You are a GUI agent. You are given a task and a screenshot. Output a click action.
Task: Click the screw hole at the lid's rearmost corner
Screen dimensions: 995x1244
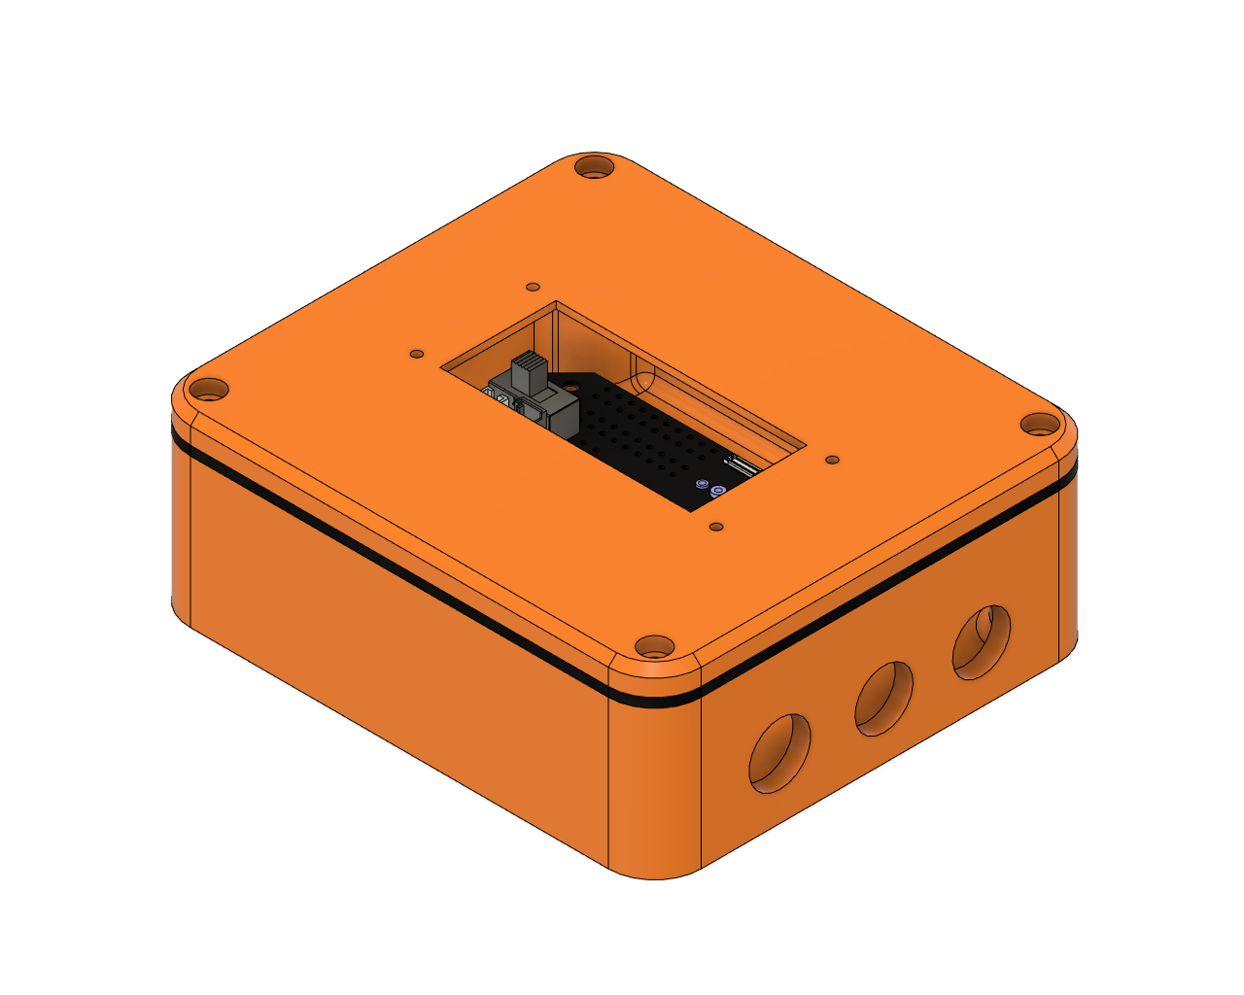click(x=594, y=167)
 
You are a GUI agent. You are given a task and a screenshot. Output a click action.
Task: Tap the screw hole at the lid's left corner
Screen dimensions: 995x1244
click(x=208, y=391)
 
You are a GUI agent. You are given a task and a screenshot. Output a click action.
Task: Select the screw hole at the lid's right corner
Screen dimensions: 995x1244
click(x=1040, y=425)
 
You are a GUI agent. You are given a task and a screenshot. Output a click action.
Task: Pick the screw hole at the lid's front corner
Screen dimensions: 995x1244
click(x=654, y=646)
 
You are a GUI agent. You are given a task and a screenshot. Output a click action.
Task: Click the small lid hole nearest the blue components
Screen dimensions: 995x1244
click(x=716, y=527)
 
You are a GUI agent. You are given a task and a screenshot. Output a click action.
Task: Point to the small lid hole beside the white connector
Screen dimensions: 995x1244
click(x=832, y=460)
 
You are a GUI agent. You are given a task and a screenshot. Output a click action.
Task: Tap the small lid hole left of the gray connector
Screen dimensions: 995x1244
click(x=417, y=354)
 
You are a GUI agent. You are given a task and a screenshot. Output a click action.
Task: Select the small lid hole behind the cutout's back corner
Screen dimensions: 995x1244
click(x=533, y=288)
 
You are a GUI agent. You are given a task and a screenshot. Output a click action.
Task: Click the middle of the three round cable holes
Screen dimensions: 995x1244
click(x=882, y=699)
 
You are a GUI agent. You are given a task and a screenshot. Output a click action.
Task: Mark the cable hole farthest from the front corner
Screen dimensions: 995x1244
click(x=982, y=642)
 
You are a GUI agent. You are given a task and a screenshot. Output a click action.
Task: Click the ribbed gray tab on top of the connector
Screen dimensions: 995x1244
click(x=530, y=372)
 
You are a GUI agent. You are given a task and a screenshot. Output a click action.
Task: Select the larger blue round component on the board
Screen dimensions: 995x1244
click(x=718, y=492)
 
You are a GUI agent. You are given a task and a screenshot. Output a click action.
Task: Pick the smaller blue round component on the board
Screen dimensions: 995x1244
click(x=702, y=482)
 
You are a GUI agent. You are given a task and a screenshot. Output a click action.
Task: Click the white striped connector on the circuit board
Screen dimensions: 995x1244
click(x=743, y=466)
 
